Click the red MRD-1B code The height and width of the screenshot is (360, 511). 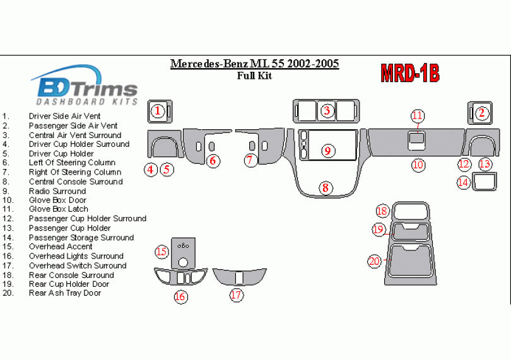pyautogui.click(x=410, y=73)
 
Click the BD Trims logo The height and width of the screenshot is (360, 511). pyautogui.click(x=85, y=85)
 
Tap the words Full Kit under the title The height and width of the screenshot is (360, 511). pyautogui.click(x=254, y=76)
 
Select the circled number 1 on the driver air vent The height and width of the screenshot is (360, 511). pyautogui.click(x=158, y=111)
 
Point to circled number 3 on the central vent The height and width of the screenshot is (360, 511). pyautogui.click(x=327, y=111)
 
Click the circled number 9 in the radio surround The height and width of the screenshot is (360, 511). pyautogui.click(x=327, y=151)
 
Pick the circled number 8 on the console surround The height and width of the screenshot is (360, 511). pyautogui.click(x=326, y=188)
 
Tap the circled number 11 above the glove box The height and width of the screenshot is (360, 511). pyautogui.click(x=418, y=115)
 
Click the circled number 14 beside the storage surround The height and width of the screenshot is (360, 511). pyautogui.click(x=463, y=182)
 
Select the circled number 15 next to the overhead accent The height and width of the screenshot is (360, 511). pyautogui.click(x=162, y=252)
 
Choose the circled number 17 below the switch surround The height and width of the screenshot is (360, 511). pyautogui.click(x=237, y=295)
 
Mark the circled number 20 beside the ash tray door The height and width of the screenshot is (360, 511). pyautogui.click(x=375, y=261)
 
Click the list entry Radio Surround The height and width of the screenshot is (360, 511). pyautogui.click(x=57, y=191)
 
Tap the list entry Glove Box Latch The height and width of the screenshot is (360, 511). pyautogui.click(x=58, y=209)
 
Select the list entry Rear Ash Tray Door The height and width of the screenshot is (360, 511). pyautogui.click(x=65, y=293)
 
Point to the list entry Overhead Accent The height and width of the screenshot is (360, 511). pyautogui.click(x=61, y=247)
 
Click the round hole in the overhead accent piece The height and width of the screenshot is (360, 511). pyautogui.click(x=183, y=262)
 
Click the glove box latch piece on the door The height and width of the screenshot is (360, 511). pyautogui.click(x=416, y=138)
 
